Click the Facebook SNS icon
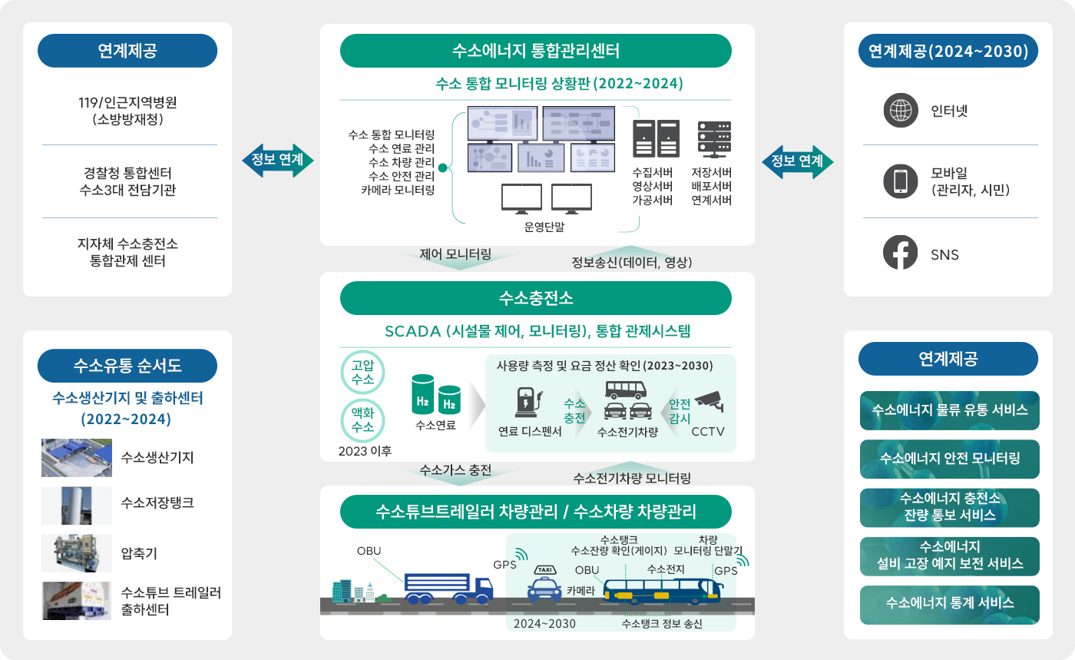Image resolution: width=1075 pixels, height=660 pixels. click(901, 253)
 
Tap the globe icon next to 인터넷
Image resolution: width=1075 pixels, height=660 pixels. click(901, 110)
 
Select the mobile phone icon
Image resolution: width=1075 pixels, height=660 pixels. click(901, 181)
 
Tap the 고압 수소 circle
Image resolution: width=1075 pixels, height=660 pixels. click(362, 372)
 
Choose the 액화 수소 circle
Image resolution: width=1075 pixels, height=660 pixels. click(362, 419)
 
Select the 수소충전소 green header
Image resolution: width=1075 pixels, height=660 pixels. click(535, 298)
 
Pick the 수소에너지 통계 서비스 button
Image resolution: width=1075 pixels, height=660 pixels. click(949, 604)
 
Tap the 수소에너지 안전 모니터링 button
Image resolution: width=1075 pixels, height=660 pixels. click(949, 459)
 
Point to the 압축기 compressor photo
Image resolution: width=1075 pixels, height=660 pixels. click(77, 553)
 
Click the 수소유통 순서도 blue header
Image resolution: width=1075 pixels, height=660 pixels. click(127, 366)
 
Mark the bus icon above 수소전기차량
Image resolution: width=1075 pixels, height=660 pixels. click(625, 389)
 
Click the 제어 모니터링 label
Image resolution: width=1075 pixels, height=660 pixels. click(455, 254)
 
